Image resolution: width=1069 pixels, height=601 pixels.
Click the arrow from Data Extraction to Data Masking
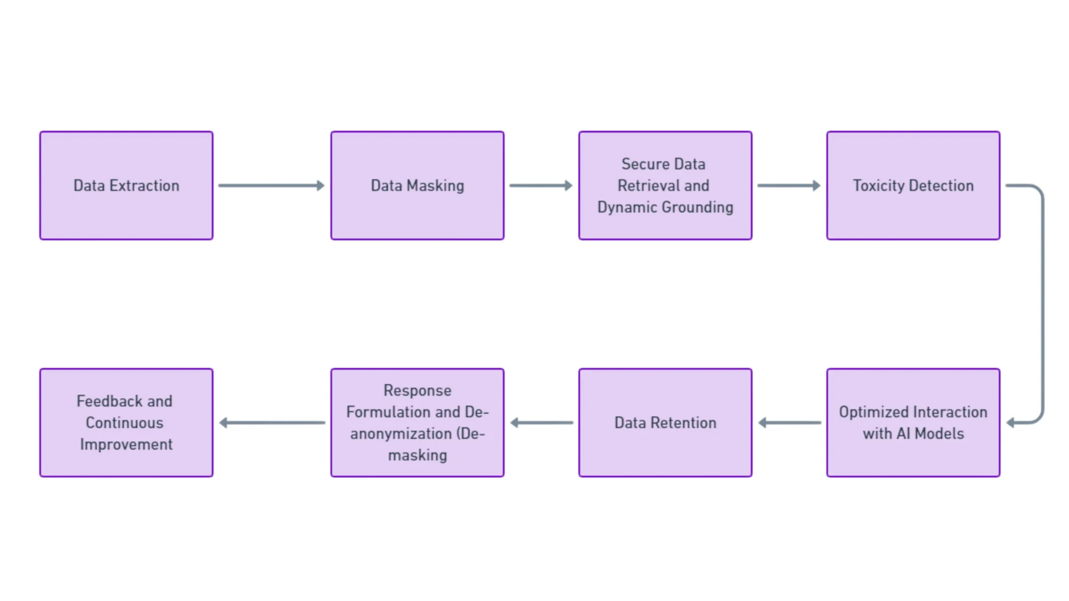[x=271, y=185]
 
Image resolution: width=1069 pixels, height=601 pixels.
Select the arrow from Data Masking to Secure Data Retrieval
[x=541, y=185]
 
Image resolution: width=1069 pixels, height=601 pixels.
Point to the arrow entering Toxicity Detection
[x=789, y=185]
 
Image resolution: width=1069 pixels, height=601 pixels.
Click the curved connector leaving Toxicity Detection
[x=1042, y=303]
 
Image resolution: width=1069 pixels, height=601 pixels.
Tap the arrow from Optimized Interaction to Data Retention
[x=789, y=423]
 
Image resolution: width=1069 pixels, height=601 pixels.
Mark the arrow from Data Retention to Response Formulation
[x=541, y=423]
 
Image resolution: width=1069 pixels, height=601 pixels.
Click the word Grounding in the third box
[x=697, y=207]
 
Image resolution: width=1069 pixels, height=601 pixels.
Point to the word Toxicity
[x=878, y=186]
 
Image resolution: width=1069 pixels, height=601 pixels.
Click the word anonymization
[x=401, y=434]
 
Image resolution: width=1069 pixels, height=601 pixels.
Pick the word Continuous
[x=124, y=423]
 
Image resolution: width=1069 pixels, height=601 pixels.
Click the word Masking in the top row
[x=435, y=186]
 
